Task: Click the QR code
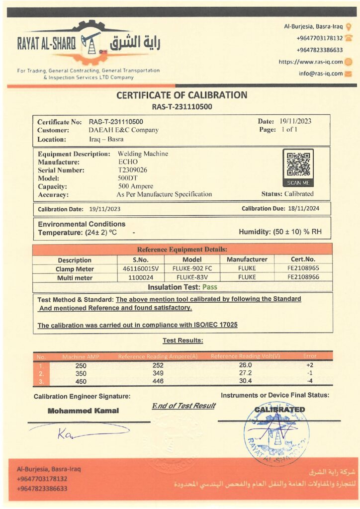[x=298, y=164]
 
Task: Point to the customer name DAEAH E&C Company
[x=123, y=130]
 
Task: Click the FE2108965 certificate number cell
[x=303, y=269]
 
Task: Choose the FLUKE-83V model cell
[x=192, y=278]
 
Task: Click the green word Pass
[x=209, y=287]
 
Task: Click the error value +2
[x=309, y=365]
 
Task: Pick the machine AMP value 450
[x=81, y=382]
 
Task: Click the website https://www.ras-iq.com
[x=311, y=62]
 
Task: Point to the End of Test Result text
[x=183, y=406]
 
